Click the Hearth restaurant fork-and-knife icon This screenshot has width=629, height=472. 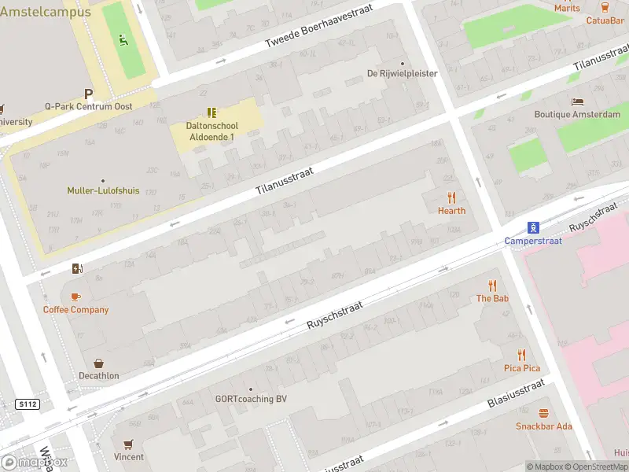click(451, 197)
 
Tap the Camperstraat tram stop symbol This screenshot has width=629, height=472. click(533, 228)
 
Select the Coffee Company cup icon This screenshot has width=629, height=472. click(75, 297)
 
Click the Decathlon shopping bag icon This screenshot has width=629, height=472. click(99, 363)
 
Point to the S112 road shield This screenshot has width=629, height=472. click(28, 404)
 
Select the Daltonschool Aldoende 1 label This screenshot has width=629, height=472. click(212, 131)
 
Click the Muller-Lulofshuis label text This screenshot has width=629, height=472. click(103, 190)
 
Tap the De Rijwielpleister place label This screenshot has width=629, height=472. click(402, 74)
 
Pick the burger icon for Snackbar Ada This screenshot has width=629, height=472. click(543, 413)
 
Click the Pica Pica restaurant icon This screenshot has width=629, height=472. click(521, 355)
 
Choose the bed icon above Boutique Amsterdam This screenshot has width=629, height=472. click(577, 101)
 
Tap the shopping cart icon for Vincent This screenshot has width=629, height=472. click(128, 444)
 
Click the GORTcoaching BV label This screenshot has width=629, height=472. click(251, 399)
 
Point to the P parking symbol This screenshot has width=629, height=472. click(89, 93)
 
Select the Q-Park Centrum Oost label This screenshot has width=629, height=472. click(88, 106)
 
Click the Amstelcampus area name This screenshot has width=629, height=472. click(45, 12)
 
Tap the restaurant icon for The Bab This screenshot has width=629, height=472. click(493, 286)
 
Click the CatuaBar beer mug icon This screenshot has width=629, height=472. click(605, 7)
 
